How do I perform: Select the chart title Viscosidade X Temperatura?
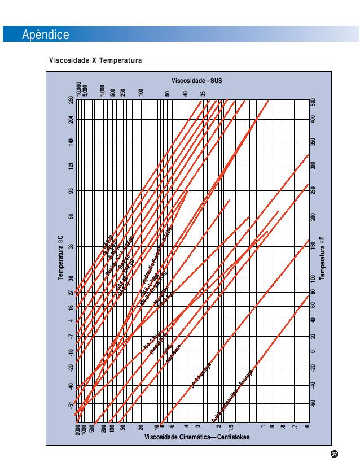95,60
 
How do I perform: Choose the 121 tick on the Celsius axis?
71,166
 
